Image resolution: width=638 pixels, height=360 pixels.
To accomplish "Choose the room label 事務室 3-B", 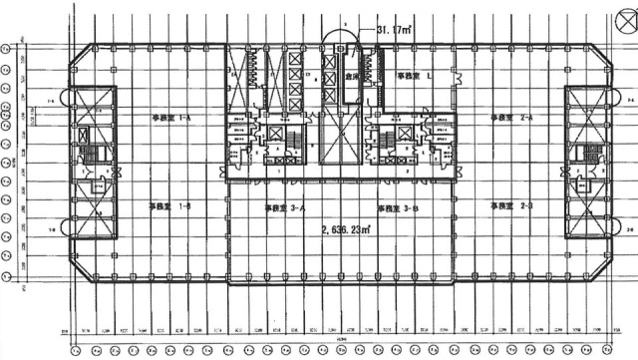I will click(397, 209).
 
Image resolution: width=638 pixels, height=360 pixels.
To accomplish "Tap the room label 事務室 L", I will click(410, 76).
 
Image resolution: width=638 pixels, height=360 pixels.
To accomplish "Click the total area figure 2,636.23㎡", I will click(345, 231).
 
